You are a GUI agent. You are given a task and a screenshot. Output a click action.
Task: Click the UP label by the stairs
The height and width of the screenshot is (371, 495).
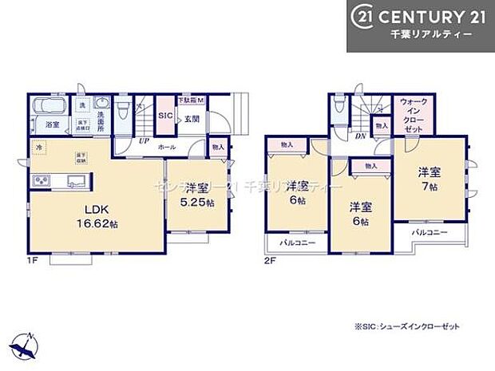(143, 140)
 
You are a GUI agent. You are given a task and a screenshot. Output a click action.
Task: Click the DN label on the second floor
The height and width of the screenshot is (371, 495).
(361, 136)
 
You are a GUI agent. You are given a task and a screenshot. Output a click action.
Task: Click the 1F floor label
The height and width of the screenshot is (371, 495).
(34, 259)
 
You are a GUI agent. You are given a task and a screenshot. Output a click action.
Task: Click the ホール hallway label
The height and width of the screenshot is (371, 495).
(168, 147)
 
